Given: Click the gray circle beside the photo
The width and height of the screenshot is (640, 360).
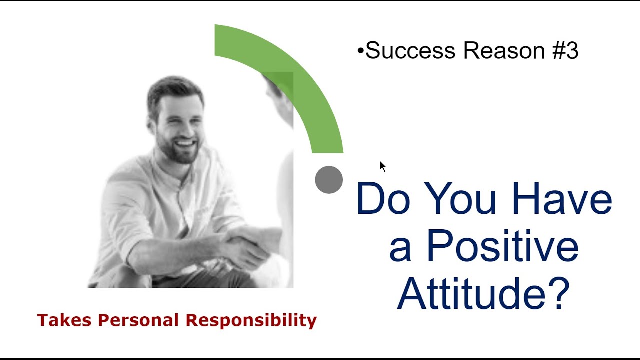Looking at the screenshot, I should [329, 180].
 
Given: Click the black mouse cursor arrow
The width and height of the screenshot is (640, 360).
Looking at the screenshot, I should [382, 166].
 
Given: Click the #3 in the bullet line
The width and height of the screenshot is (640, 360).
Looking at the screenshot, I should [565, 51].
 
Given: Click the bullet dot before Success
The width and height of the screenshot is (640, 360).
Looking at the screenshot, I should [360, 51].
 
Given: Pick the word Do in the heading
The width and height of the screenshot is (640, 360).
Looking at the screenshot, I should [383, 199].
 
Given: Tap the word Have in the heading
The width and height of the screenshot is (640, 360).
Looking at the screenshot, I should [562, 199].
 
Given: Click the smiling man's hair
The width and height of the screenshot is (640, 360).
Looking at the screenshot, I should [175, 90].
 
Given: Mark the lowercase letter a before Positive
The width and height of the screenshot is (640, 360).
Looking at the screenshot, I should [400, 250].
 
